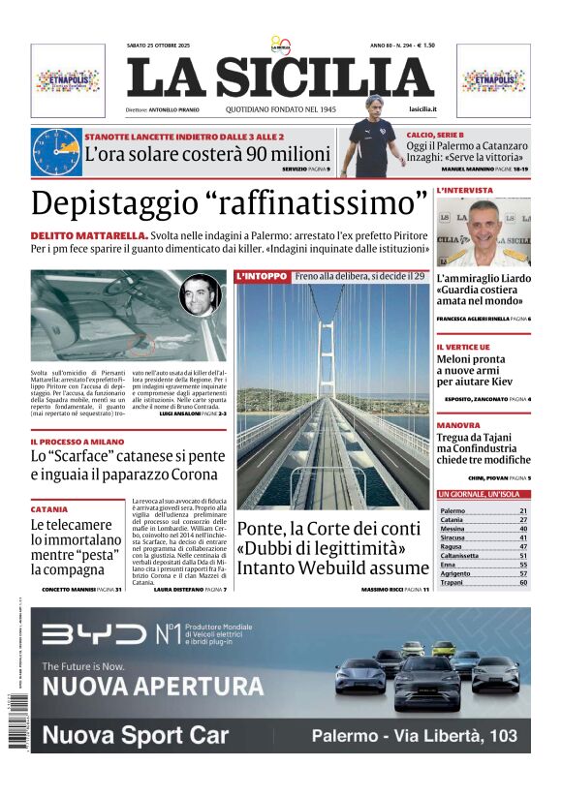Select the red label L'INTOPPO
tap(262, 276)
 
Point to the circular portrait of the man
tap(200, 294)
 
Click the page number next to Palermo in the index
tap(523, 510)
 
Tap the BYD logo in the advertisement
tap(92, 634)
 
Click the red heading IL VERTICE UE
tap(463, 347)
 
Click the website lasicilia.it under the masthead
tap(422, 109)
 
